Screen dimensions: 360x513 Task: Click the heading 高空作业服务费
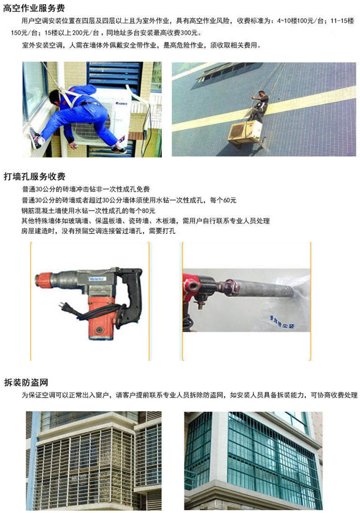coord(34,8)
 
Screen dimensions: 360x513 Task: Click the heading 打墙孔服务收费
coord(34,176)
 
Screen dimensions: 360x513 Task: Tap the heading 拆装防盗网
coord(26,382)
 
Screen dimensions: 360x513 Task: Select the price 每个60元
coord(223,200)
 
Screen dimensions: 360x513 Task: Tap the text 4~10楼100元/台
coord(300,21)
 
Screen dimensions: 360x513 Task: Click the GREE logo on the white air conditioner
coord(121,104)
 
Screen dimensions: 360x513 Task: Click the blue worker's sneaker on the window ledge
coord(36,138)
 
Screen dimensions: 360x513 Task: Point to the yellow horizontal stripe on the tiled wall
coord(264,108)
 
